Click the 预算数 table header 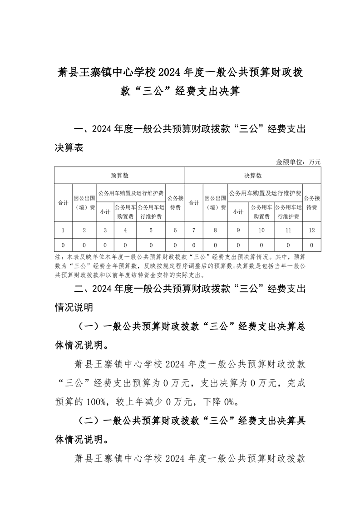click(x=120, y=176)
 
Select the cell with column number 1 click(x=63, y=230)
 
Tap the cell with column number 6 click(x=175, y=230)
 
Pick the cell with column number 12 click(x=311, y=230)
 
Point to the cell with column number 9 click(x=238, y=230)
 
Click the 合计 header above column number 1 click(x=63, y=203)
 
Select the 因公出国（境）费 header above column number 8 click(x=216, y=203)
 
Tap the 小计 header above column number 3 click(x=105, y=211)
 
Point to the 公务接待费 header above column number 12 click(x=311, y=203)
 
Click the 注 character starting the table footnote click(x=57, y=256)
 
